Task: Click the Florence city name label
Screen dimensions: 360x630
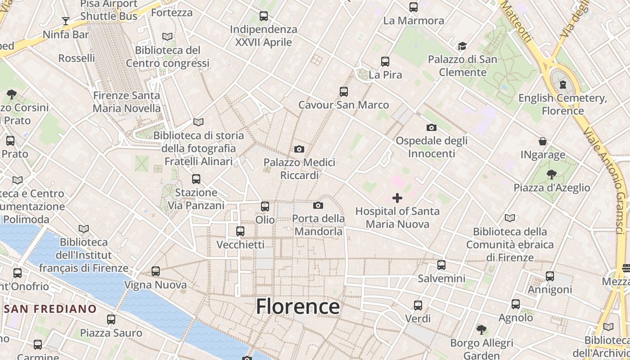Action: pyautogui.click(x=297, y=307)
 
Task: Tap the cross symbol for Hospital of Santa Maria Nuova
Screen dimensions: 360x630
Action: pyautogui.click(x=397, y=198)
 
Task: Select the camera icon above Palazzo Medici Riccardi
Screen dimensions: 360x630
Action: pyautogui.click(x=299, y=149)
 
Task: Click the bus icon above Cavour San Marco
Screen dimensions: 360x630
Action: pyautogui.click(x=344, y=92)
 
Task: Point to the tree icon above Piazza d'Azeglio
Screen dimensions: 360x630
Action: pyautogui.click(x=552, y=174)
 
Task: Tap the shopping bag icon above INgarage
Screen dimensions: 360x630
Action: pyautogui.click(x=543, y=141)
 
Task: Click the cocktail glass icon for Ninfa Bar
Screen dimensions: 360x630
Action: pyautogui.click(x=66, y=21)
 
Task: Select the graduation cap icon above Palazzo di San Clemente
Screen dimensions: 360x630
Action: pyautogui.click(x=462, y=46)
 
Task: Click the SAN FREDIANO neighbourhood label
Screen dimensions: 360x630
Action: pyautogui.click(x=50, y=309)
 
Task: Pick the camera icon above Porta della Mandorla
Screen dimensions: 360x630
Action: pyautogui.click(x=318, y=206)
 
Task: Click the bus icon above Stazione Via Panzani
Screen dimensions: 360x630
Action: pyautogui.click(x=196, y=179)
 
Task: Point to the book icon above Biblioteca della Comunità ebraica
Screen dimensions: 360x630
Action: pyautogui.click(x=509, y=218)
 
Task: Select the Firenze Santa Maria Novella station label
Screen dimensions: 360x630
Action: pyautogui.click(x=126, y=102)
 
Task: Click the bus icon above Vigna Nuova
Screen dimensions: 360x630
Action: pyautogui.click(x=156, y=271)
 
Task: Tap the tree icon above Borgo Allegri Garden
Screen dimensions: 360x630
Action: pyautogui.click(x=481, y=330)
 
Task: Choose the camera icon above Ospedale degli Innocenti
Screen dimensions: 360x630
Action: pyautogui.click(x=431, y=128)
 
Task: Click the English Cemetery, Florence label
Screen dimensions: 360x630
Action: pyautogui.click(x=562, y=104)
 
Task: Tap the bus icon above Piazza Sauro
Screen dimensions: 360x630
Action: pyautogui.click(x=111, y=319)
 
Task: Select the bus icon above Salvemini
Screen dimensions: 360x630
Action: pyautogui.click(x=441, y=265)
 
